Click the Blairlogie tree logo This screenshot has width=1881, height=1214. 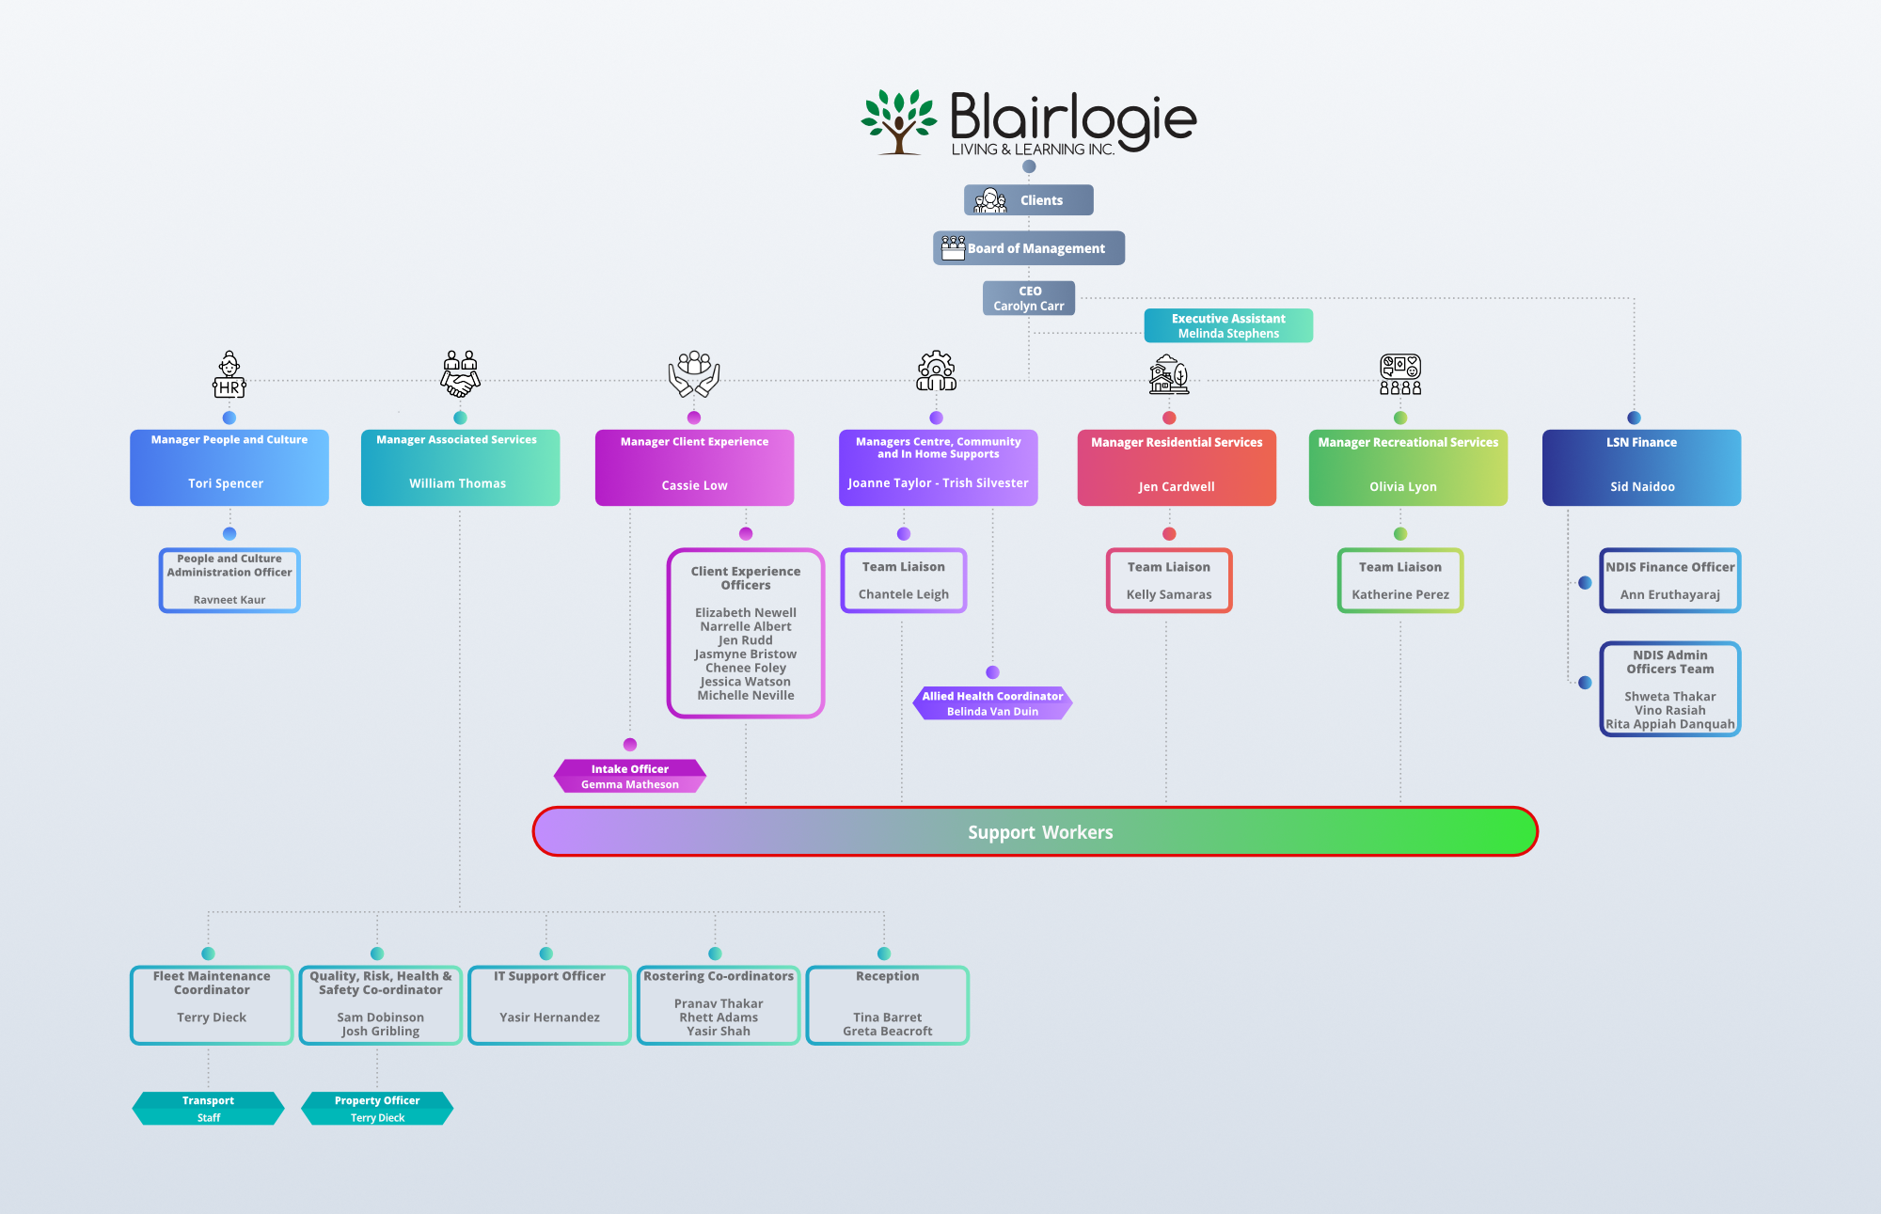[899, 122]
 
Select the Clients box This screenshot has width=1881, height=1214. [1028, 200]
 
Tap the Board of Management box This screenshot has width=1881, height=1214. [1028, 248]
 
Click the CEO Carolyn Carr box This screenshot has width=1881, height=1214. [1029, 298]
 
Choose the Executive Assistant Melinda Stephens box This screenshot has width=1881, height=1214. [1227, 326]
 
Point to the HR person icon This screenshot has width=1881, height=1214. [229, 375]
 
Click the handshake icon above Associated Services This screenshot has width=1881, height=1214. [460, 374]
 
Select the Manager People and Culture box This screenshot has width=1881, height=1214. [229, 467]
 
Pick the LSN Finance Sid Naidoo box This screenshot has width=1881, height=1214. [1641, 467]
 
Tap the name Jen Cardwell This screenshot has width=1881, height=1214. [1176, 487]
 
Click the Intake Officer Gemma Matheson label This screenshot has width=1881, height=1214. [629, 777]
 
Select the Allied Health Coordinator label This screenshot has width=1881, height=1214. [992, 703]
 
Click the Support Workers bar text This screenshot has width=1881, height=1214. [1039, 832]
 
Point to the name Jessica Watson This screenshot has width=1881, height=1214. [745, 682]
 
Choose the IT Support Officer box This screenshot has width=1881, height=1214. [549, 1005]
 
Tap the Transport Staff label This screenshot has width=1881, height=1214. [208, 1109]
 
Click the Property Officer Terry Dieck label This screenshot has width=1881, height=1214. [377, 1109]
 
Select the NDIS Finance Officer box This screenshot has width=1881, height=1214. [1669, 580]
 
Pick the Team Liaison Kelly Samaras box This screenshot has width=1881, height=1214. [1168, 580]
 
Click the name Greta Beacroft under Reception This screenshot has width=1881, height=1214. [887, 1032]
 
